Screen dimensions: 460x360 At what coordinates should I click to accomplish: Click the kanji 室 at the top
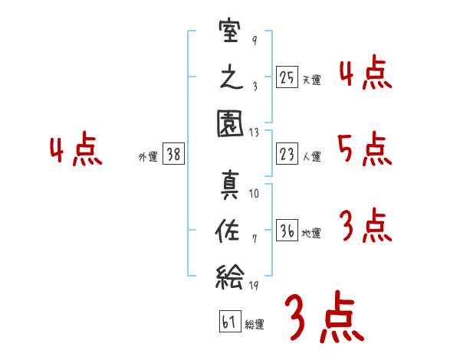[x=230, y=31]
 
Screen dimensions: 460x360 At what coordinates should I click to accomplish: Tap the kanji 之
[x=232, y=77]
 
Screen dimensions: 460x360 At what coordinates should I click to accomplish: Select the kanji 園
[x=230, y=123]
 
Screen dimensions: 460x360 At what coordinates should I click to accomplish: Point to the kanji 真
[x=230, y=185]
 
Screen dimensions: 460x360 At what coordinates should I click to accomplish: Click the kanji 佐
[x=228, y=231]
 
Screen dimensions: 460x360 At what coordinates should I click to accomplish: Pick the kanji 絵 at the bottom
[x=230, y=277]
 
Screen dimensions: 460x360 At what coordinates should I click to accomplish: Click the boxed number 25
[x=287, y=77]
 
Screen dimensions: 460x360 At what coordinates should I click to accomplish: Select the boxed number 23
[x=287, y=154]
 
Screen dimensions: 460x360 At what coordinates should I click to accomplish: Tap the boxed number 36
[x=287, y=230]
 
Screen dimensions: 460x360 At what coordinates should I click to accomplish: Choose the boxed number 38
[x=173, y=154]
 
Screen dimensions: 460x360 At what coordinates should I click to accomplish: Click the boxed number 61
[x=230, y=321]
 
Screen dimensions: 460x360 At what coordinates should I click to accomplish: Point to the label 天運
[x=312, y=80]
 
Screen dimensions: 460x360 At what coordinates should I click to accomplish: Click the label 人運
[x=312, y=156]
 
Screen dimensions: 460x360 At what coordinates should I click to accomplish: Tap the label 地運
[x=311, y=234]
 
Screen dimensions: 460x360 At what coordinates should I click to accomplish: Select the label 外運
[x=148, y=156]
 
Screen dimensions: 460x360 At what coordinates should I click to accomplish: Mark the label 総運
[x=255, y=324]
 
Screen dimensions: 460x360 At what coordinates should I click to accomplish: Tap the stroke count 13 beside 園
[x=254, y=133]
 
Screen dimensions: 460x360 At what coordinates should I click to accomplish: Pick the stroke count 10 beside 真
[x=254, y=194]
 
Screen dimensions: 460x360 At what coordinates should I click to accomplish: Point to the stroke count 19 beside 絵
[x=254, y=285]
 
